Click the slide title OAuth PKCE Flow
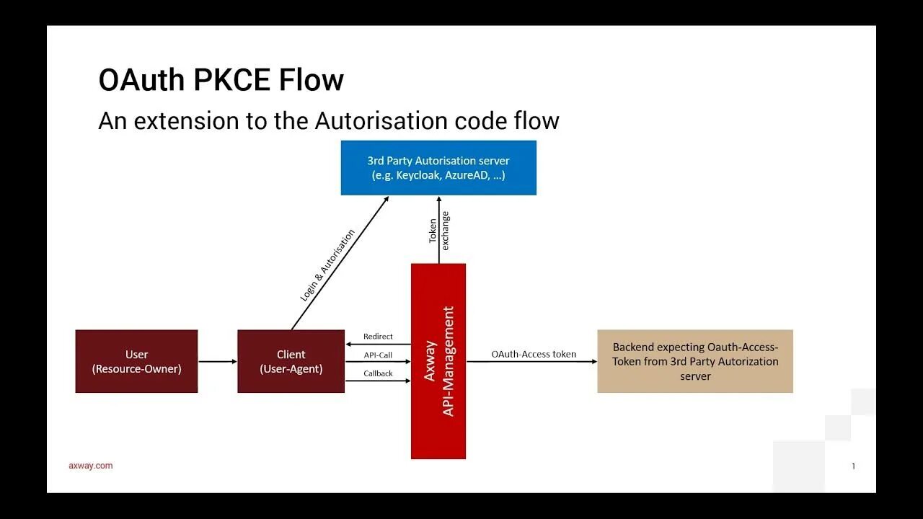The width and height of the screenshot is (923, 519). pos(221,80)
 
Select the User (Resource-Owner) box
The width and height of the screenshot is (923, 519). pos(136,361)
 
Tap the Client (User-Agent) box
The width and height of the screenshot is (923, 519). pos(291,361)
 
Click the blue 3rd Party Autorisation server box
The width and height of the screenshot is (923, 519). pos(438,167)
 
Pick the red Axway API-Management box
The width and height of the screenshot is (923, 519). pos(438,360)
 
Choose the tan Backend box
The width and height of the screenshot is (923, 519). pos(695,361)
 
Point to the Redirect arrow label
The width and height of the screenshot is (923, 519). pos(378,337)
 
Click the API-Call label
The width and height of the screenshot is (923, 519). pos(378,355)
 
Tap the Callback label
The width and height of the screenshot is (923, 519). pos(378,373)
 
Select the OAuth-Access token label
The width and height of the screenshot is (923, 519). pos(534,354)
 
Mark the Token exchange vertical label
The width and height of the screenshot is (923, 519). pos(438,231)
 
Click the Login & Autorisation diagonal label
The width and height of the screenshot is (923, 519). pos(327,265)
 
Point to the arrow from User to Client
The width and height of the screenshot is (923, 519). pos(217,361)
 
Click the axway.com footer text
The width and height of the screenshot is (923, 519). pos(91,466)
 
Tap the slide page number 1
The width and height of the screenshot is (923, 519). pos(853,466)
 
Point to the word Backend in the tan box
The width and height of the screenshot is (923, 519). pos(633,347)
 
